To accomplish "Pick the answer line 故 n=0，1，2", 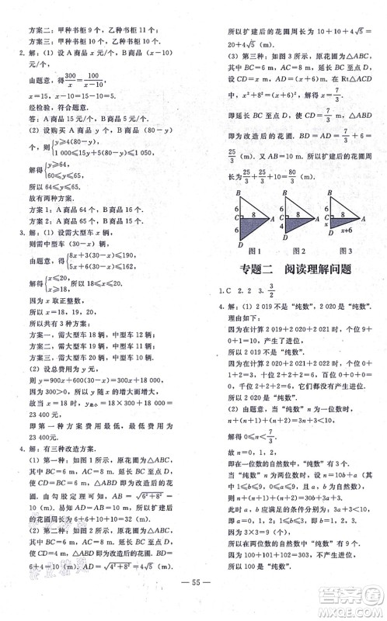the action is (270, 455).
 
